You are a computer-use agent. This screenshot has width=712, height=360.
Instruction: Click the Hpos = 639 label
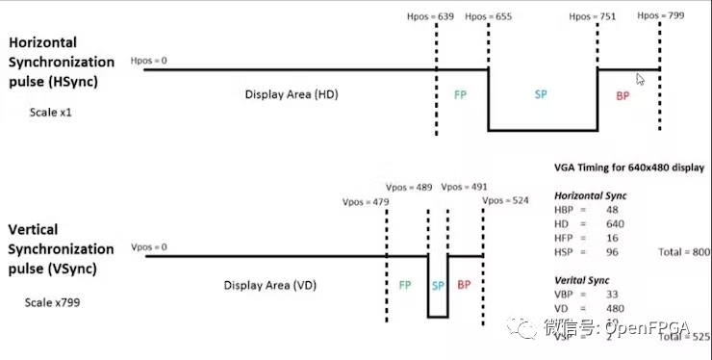[432, 16]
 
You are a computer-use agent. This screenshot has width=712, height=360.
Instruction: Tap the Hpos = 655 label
[489, 16]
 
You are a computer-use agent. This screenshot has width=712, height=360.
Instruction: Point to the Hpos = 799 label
[661, 15]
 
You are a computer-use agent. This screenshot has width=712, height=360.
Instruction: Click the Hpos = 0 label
[148, 61]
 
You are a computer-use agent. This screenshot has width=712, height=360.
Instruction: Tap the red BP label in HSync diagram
[623, 95]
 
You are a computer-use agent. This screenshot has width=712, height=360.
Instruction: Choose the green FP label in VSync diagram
[406, 285]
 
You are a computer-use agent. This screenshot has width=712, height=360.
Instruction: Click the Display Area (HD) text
[292, 94]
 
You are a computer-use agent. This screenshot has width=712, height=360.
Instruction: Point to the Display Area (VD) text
[270, 285]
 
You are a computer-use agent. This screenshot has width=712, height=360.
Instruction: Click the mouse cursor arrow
[640, 79]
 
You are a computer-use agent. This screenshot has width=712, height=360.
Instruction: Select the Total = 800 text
[683, 251]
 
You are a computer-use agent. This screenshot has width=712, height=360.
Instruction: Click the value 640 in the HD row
[615, 223]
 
